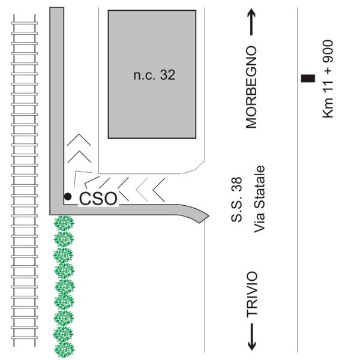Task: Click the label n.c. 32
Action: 154,75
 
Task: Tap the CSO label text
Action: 98,199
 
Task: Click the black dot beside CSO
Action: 67,197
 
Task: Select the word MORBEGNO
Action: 251,87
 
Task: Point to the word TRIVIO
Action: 252,295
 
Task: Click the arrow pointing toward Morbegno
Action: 251,22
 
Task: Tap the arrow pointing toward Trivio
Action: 252,337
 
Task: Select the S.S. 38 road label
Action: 236,200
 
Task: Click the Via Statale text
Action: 259,199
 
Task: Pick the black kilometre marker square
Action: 308,78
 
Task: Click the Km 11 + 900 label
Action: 328,79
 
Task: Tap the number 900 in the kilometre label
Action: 328,51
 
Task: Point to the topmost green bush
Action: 64,223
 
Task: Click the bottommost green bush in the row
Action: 65,350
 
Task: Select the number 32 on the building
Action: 167,75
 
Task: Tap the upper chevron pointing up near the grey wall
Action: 79,140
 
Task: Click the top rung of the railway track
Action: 25,23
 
